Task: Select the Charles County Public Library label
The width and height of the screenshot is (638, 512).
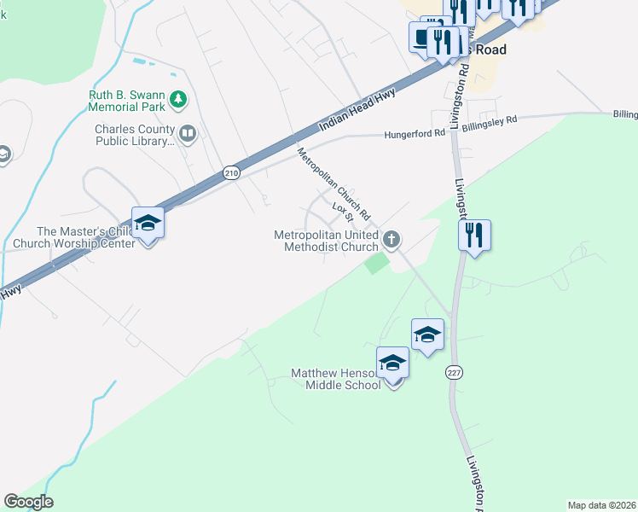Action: coord(135,135)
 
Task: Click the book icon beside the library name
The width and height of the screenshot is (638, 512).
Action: coord(188,133)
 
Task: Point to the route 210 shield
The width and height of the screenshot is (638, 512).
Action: coord(232,172)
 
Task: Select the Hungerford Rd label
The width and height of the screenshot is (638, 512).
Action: coord(415,133)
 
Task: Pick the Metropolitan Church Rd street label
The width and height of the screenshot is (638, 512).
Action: coord(333,182)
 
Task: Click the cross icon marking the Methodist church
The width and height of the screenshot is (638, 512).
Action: coord(391,239)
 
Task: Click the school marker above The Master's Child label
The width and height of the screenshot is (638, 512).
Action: coord(148,224)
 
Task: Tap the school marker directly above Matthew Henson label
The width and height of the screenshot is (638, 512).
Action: coord(392,363)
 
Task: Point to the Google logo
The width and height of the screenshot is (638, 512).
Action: coord(28,502)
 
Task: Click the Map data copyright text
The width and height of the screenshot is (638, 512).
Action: coord(601,505)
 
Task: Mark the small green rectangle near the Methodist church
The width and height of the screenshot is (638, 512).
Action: coord(374,265)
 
